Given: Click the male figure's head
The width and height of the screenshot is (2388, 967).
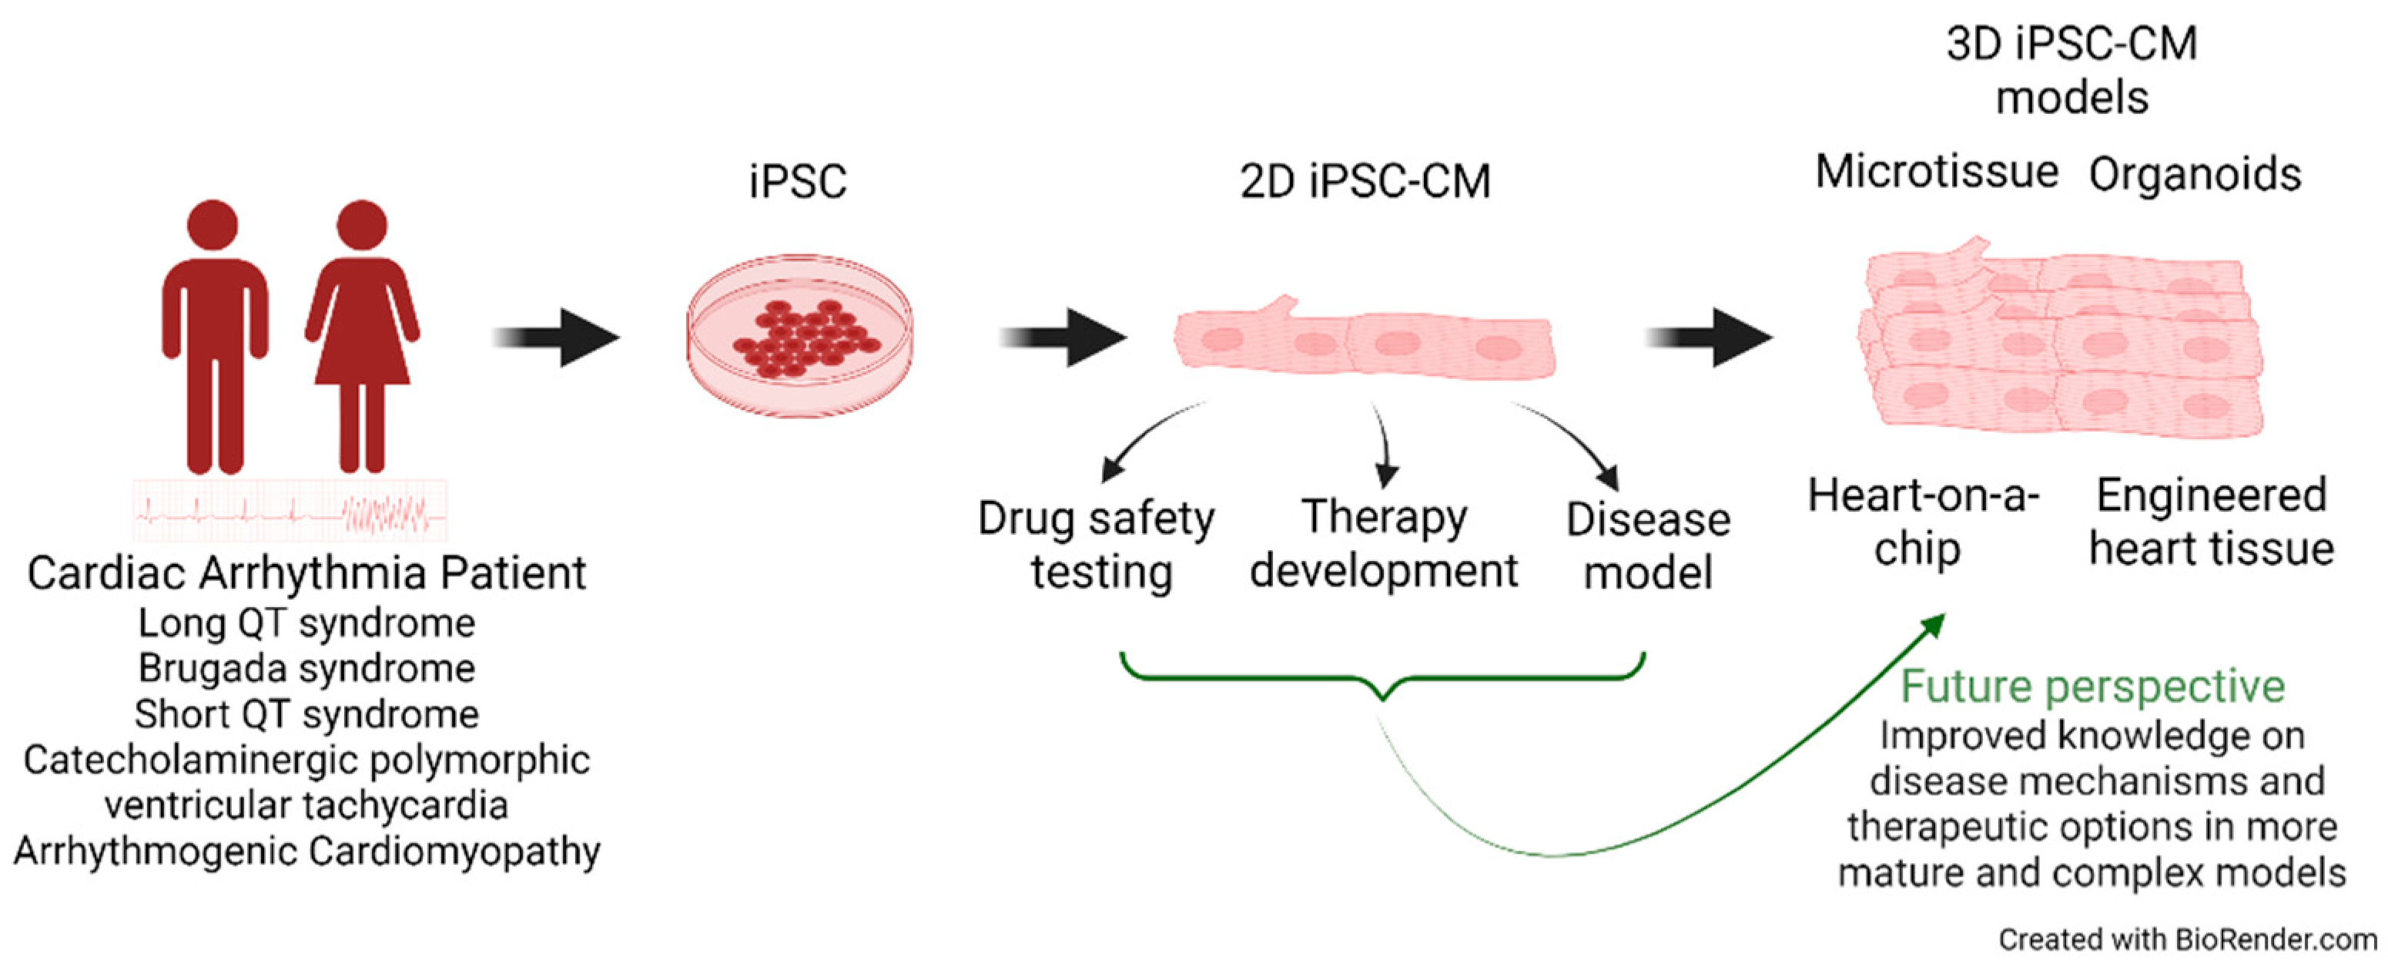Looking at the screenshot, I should click(213, 225).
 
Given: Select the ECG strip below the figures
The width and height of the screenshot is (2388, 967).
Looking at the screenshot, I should click(290, 511).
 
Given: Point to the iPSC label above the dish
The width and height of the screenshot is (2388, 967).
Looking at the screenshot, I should click(797, 181).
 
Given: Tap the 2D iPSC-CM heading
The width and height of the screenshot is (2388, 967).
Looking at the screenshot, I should click(1365, 181).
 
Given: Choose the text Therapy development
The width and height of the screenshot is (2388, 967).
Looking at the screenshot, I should click(1383, 544).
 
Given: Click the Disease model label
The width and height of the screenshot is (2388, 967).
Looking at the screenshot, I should click(1647, 546).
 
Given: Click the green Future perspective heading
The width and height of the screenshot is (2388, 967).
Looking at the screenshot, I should click(2092, 686).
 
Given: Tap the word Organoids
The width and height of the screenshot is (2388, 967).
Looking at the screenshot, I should click(2194, 174).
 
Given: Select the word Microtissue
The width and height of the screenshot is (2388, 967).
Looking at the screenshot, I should click(1937, 173).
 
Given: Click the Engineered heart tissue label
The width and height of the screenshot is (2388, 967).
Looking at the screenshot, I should click(2211, 521).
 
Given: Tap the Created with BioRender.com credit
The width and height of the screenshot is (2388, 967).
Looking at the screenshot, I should click(2188, 939).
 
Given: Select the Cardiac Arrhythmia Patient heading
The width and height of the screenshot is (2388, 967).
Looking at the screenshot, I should click(306, 573).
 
